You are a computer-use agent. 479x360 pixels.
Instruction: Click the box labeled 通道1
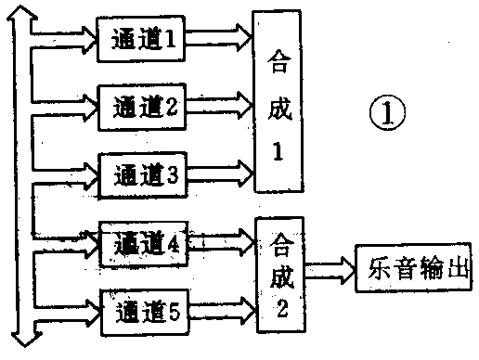(x=143, y=39)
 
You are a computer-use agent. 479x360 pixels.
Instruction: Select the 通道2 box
(x=143, y=104)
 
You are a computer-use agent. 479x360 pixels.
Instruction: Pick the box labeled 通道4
(x=143, y=242)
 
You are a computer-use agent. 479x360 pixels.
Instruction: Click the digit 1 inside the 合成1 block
(x=277, y=154)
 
